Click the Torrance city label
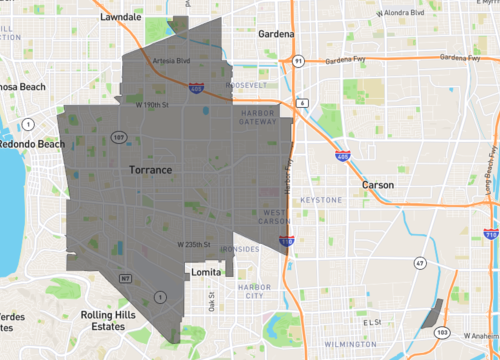tap(151, 171)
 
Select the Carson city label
tap(377, 185)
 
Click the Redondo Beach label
tap(30, 144)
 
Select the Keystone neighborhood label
tap(319, 200)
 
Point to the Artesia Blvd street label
tap(164, 60)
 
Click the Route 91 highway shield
tap(299, 61)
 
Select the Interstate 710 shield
tap(490, 233)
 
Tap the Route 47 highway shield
tap(421, 262)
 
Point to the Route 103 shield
tap(443, 331)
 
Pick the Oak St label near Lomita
tap(212, 303)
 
